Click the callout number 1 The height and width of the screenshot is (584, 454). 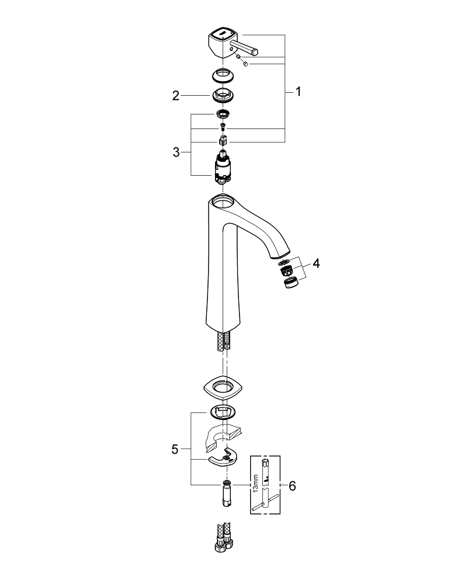[x=298, y=92]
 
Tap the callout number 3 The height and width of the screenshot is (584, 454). [x=176, y=152]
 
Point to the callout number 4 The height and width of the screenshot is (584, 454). [x=316, y=263]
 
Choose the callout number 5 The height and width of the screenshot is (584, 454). [x=175, y=449]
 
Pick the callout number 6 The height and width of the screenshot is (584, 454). [x=293, y=485]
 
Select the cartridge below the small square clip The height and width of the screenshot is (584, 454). [x=223, y=165]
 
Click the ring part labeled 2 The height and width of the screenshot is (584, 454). [x=222, y=95]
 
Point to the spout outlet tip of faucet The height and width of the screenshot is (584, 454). [x=280, y=255]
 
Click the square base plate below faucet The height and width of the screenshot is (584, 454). [x=223, y=386]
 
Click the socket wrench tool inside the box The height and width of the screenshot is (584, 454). [x=265, y=485]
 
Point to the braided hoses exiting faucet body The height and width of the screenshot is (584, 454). [x=223, y=340]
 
